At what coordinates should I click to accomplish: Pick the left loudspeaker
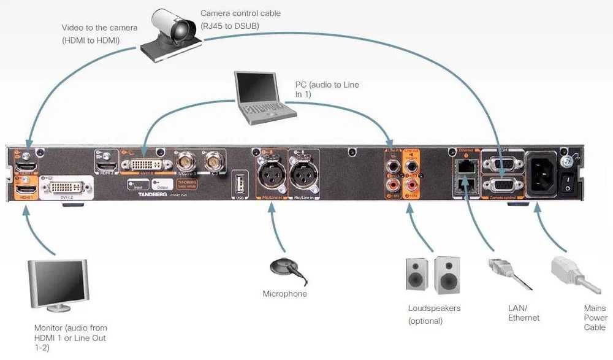coord(418,273)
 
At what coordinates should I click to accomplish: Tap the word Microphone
coord(284,294)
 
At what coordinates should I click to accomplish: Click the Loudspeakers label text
coord(434,308)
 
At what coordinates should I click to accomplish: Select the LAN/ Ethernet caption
coord(524,313)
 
